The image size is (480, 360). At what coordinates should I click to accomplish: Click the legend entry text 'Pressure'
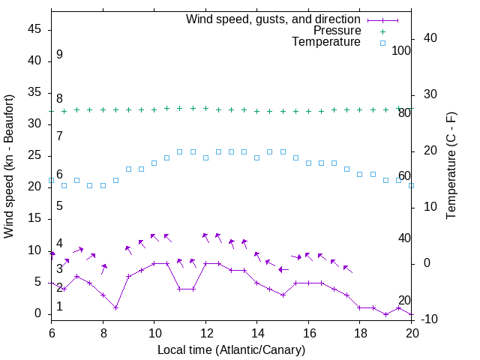(337, 31)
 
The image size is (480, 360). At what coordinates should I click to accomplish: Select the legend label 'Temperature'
(326, 42)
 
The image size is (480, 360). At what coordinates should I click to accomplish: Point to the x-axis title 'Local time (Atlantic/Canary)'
(231, 349)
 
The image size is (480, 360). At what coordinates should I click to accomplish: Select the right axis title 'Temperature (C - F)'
(451, 166)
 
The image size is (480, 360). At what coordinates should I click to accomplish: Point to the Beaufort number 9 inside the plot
(59, 55)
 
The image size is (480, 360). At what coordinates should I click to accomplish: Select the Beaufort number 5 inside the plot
(59, 205)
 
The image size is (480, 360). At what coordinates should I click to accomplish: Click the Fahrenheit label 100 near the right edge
(401, 50)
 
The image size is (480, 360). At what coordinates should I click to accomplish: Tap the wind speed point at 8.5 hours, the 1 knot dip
(115, 307)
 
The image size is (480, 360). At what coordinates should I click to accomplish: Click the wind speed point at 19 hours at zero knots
(385, 314)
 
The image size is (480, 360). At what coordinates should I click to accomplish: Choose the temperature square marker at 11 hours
(180, 151)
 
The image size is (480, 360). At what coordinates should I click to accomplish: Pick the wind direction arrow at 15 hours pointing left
(283, 269)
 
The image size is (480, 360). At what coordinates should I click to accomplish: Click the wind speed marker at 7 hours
(77, 276)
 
